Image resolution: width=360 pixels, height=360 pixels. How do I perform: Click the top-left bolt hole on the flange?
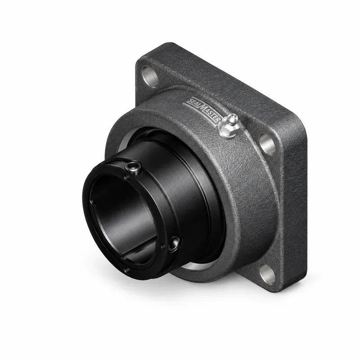point(150,76)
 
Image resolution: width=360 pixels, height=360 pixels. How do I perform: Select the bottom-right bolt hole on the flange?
point(267,274)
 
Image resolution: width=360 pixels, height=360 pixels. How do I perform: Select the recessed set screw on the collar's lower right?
point(174,244)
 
